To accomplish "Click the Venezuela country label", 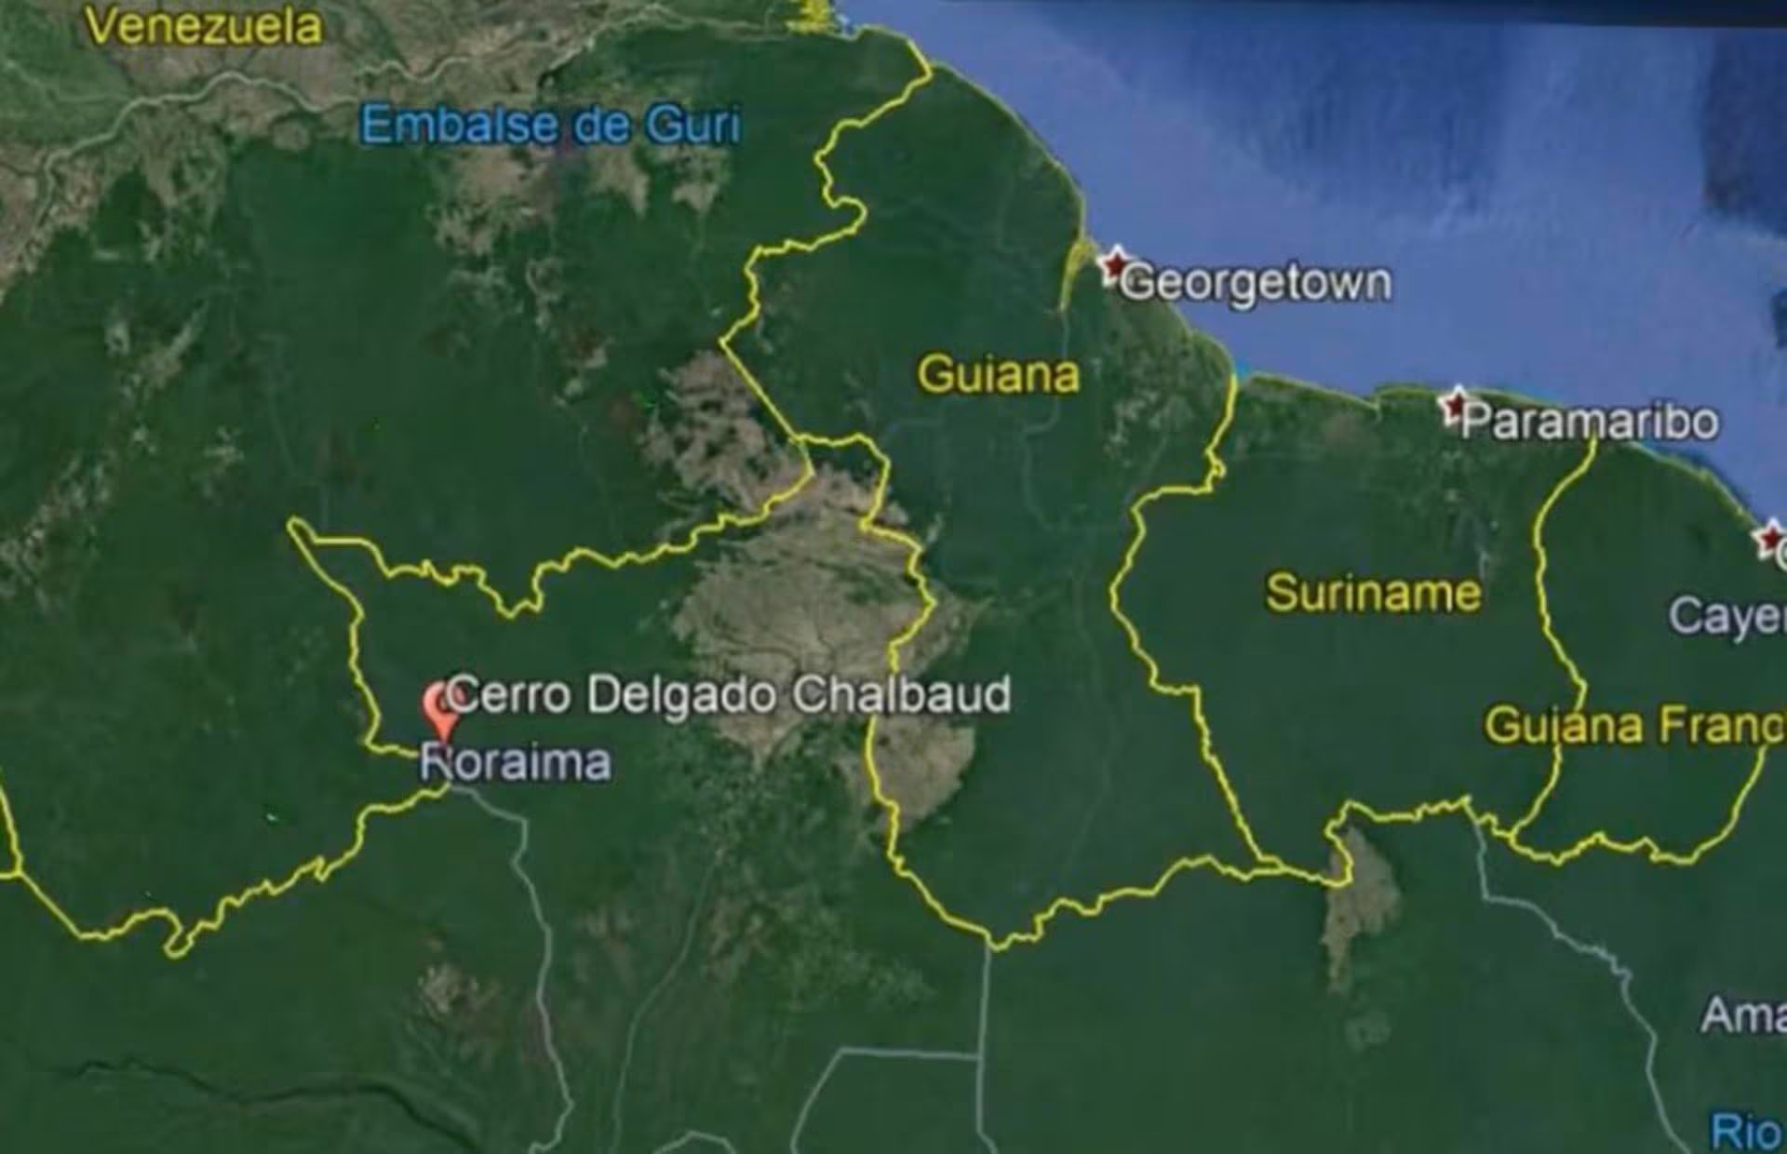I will pyautogui.click(x=204, y=26).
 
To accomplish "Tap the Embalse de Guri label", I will pyautogui.click(x=550, y=126).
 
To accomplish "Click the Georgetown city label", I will pyautogui.click(x=1256, y=282).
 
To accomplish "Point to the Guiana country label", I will pyautogui.click(x=998, y=375).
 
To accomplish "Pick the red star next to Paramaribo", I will pyautogui.click(x=1453, y=406).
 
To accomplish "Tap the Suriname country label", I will pyautogui.click(x=1373, y=593).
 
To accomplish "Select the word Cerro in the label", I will pyautogui.click(x=510, y=694).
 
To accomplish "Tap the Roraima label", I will pyautogui.click(x=516, y=762).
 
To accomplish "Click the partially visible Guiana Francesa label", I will pyautogui.click(x=1634, y=725).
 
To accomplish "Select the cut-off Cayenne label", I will pyautogui.click(x=1727, y=616).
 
